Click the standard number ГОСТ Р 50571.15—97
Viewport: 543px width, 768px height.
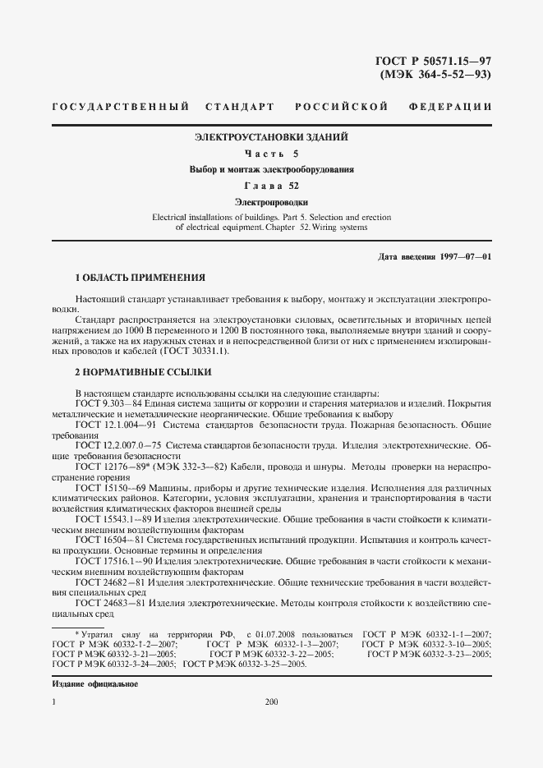[x=432, y=60]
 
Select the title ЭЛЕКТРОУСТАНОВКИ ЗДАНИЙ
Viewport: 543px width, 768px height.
[x=271, y=136]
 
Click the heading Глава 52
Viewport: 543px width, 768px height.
[x=271, y=185]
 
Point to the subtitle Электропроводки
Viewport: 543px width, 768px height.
[x=271, y=201]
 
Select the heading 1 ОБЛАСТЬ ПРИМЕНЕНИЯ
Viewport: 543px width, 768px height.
[x=135, y=278]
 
